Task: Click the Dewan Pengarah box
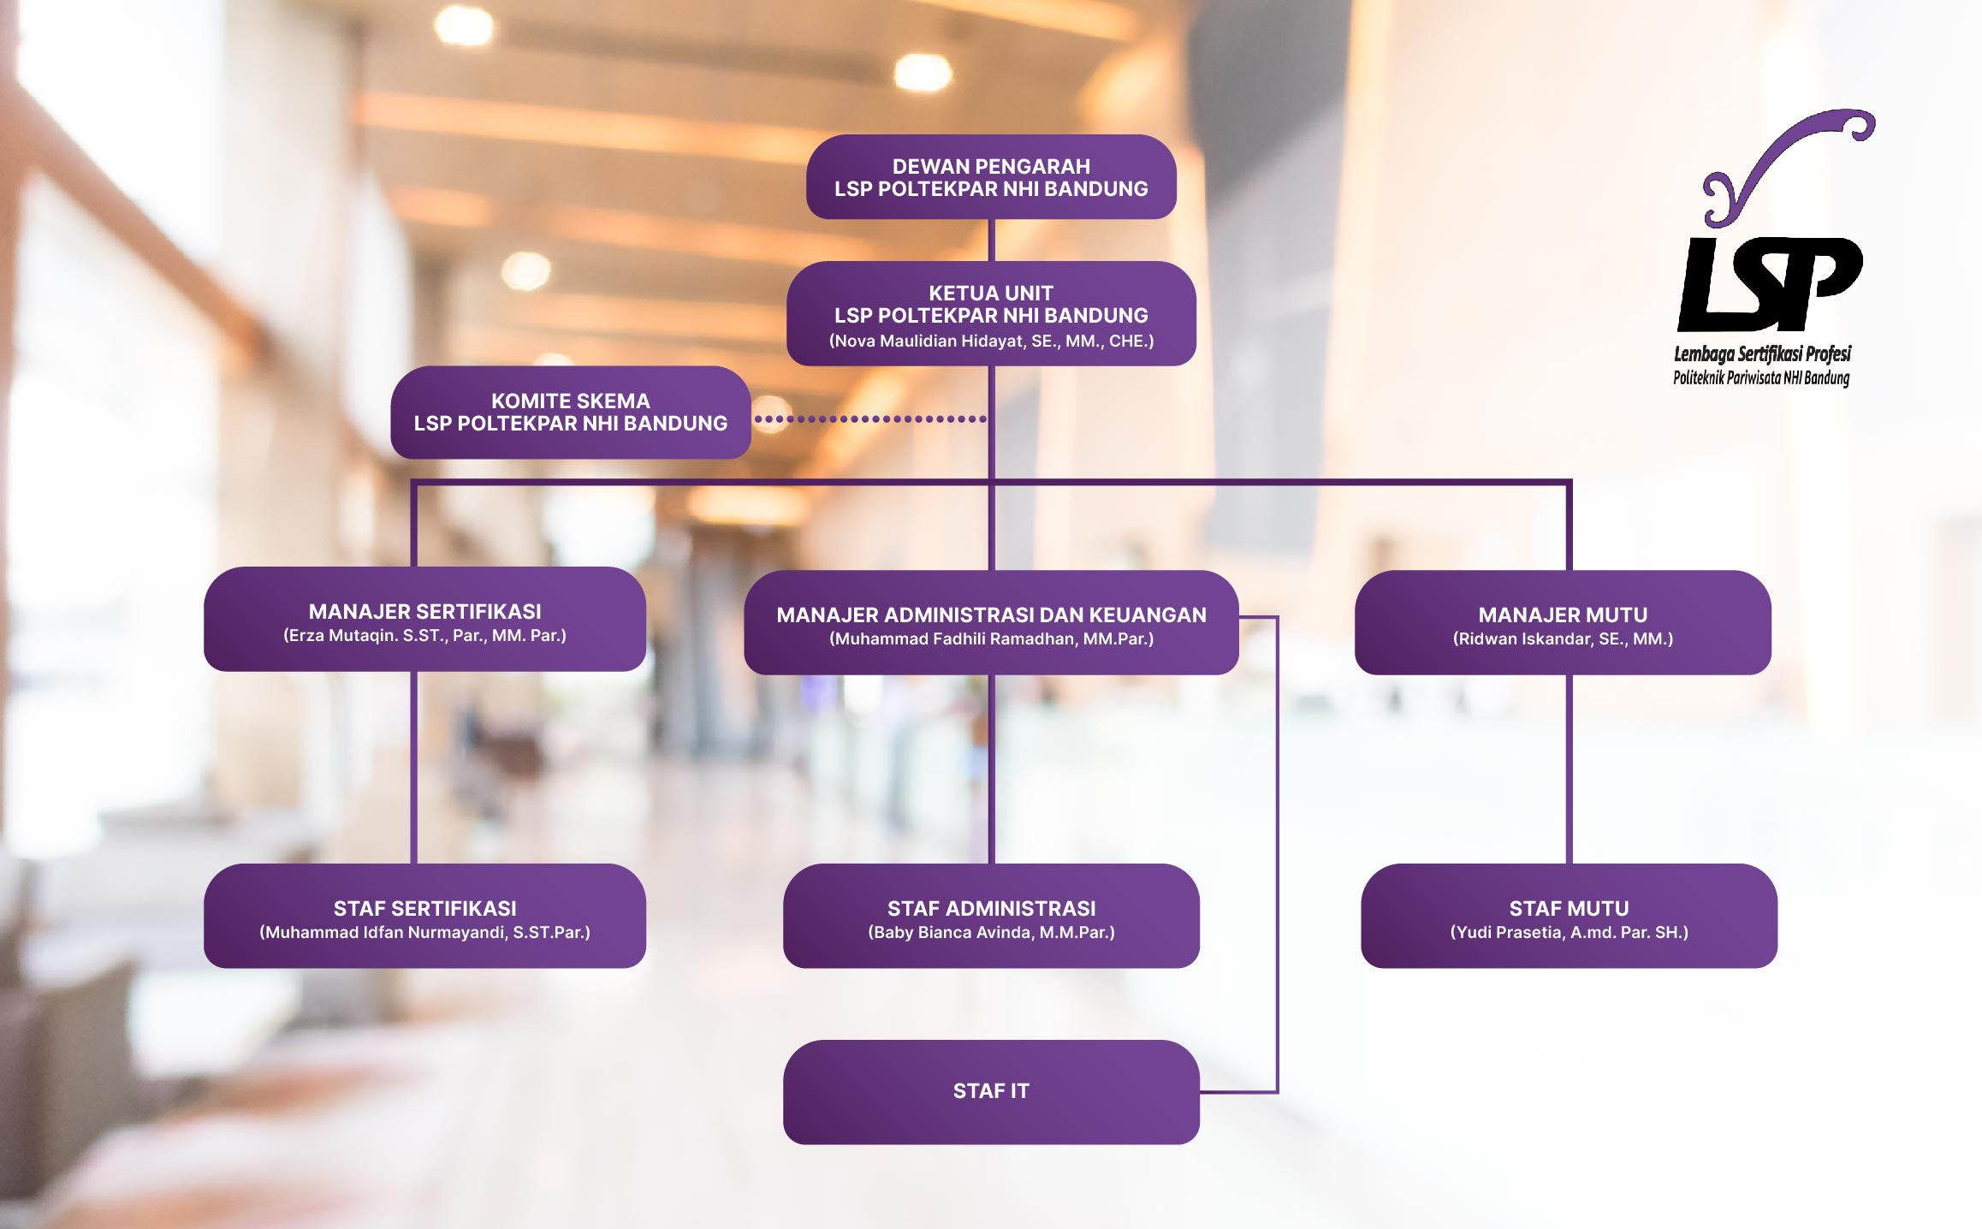991,177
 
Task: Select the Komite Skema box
571,413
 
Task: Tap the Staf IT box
991,1091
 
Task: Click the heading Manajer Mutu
1563,614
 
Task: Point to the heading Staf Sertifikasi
424,908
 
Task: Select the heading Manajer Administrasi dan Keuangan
991,614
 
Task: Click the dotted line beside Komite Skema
870,419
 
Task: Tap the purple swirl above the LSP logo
1780,163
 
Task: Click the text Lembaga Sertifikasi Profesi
1762,353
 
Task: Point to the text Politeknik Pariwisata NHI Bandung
1761,377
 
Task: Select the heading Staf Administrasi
991,908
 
